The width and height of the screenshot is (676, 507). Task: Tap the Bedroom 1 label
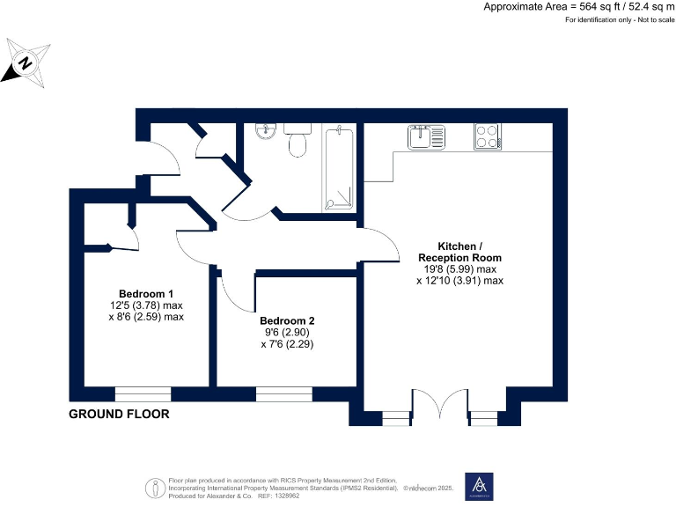point(146,294)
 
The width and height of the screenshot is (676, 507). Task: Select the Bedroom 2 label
point(287,321)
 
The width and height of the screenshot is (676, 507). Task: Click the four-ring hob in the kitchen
point(488,137)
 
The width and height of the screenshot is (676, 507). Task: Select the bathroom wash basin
point(266,132)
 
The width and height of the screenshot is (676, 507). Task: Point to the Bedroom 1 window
point(143,393)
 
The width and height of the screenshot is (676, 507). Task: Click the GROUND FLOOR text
point(119,415)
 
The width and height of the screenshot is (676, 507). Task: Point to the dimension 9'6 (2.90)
point(287,334)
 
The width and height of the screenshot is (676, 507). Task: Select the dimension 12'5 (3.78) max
point(146,305)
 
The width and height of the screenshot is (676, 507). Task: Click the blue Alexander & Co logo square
point(479,487)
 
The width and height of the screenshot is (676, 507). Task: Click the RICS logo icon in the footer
point(155,488)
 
